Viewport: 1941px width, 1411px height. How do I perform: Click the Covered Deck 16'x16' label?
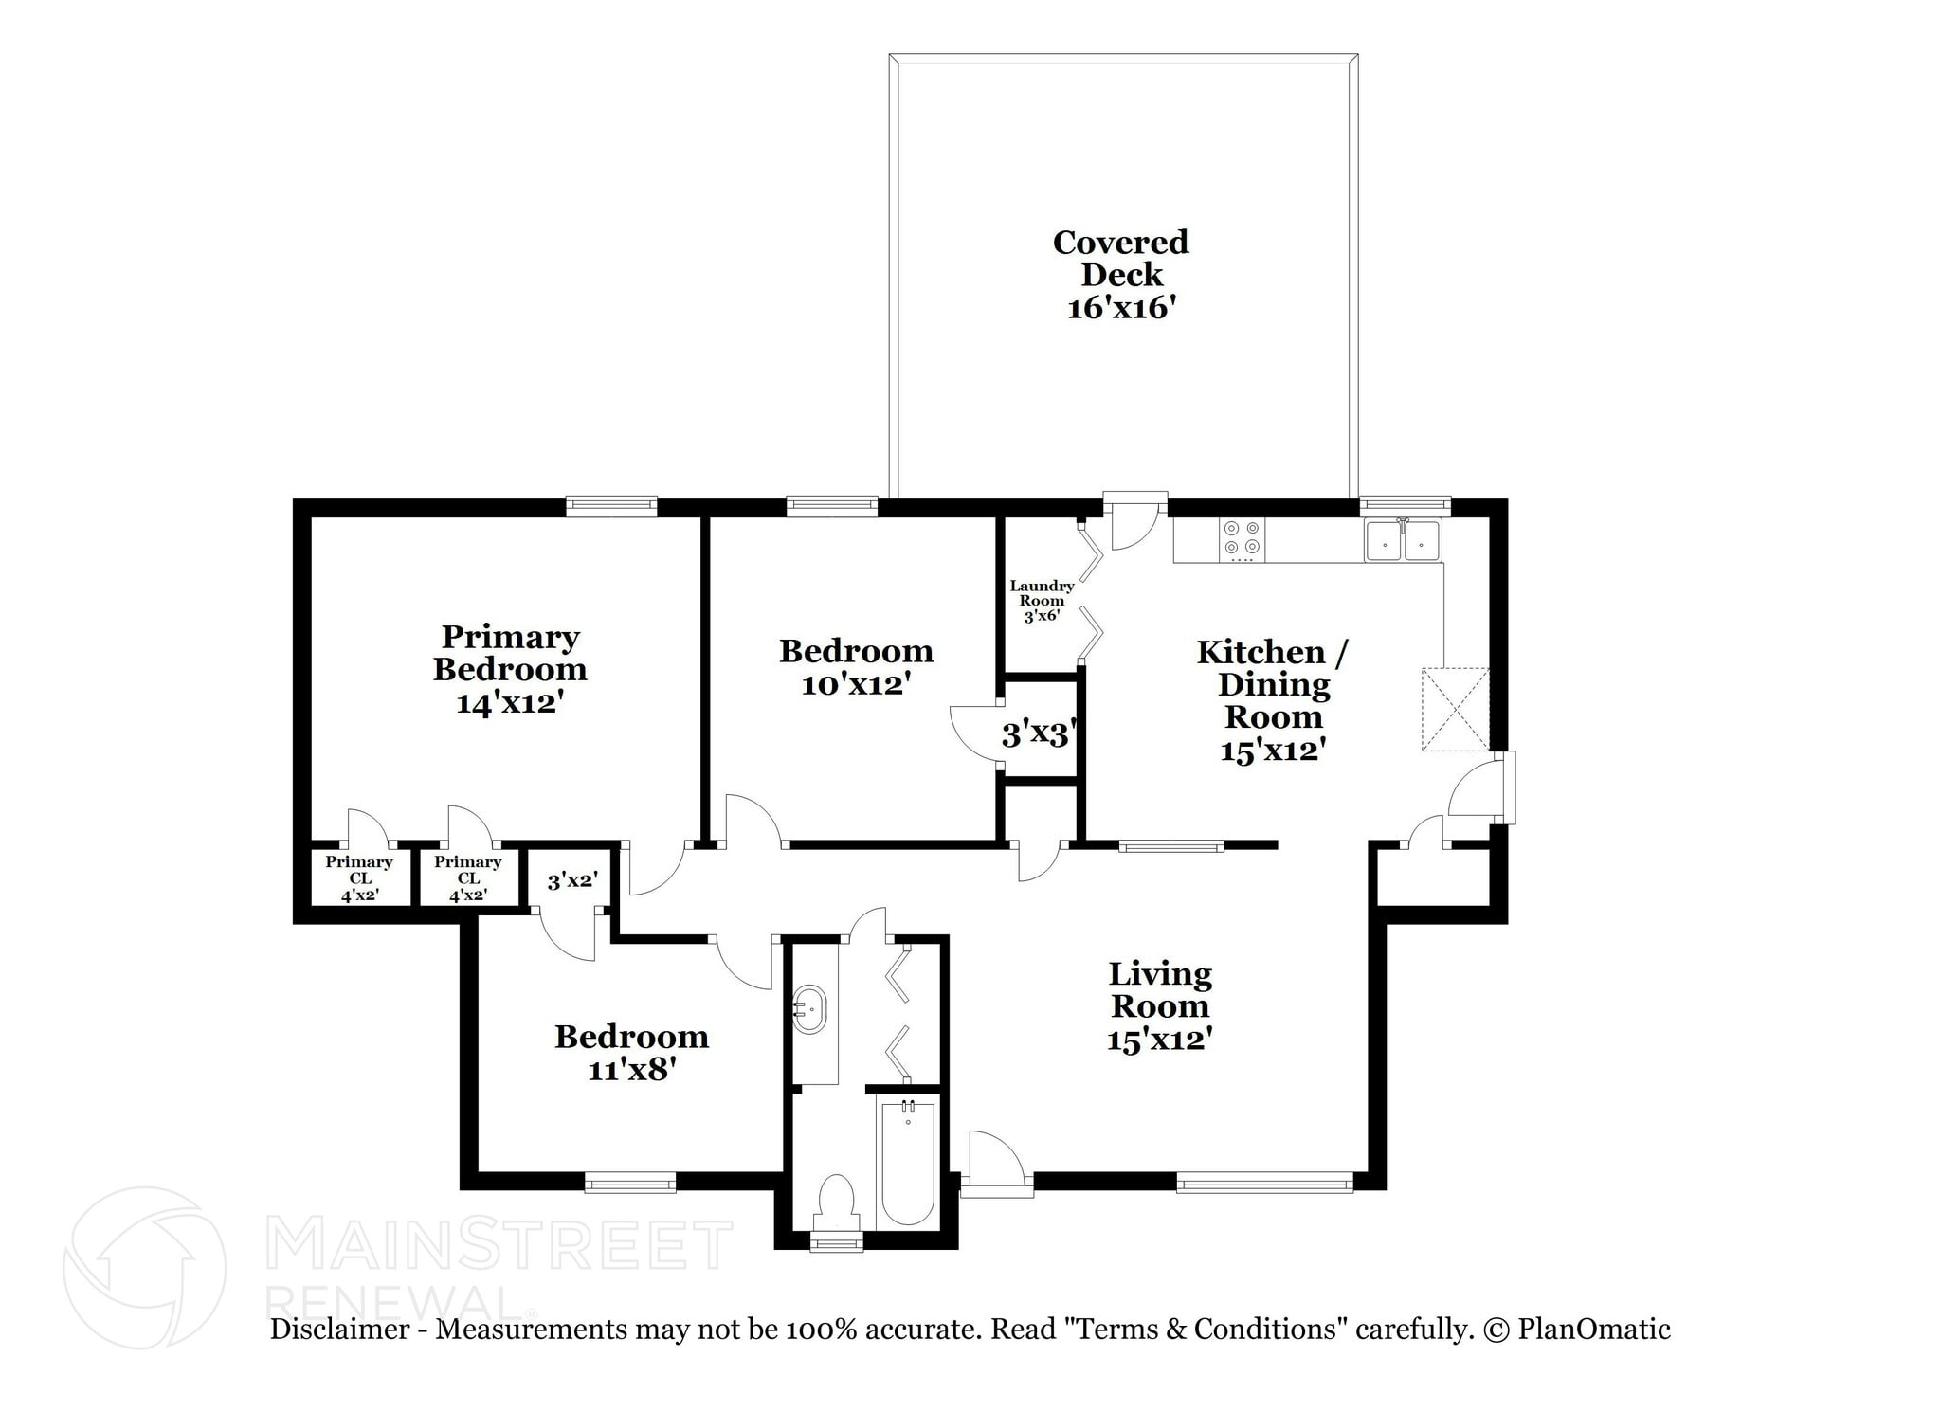pyautogui.click(x=1120, y=275)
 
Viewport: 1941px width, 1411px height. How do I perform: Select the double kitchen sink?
pyautogui.click(x=1402, y=541)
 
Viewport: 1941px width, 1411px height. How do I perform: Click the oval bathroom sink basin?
pyautogui.click(x=810, y=1010)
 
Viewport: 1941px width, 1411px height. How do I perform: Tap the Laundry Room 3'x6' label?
pyautogui.click(x=1042, y=601)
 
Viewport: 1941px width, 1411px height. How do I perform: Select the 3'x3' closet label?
pyautogui.click(x=1040, y=733)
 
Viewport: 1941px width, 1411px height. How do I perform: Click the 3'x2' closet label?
pyautogui.click(x=571, y=880)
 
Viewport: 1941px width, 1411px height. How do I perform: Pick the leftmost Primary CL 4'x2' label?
pyautogui.click(x=359, y=877)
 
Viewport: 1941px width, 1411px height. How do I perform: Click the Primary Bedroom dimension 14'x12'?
pyautogui.click(x=510, y=703)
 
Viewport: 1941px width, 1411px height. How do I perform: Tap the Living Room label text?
pyautogui.click(x=1160, y=989)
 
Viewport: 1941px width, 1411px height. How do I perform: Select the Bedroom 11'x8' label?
pyautogui.click(x=631, y=1052)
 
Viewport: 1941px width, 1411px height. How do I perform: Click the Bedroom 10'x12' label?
pyautogui.click(x=856, y=667)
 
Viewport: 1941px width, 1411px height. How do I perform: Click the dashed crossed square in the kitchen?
pyautogui.click(x=1456, y=710)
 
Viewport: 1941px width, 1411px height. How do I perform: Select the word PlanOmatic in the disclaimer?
pyautogui.click(x=1594, y=1330)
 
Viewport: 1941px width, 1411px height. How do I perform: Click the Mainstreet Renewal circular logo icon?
pyautogui.click(x=144, y=1267)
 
